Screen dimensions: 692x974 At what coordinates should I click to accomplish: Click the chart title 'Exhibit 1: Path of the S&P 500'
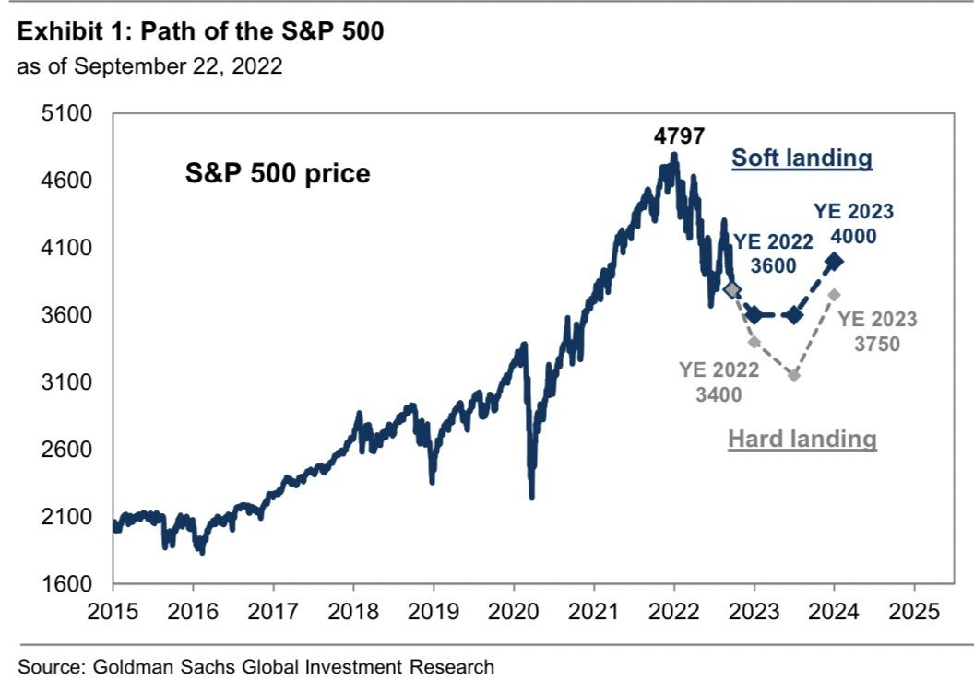200,31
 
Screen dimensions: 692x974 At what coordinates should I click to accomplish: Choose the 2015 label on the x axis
113,611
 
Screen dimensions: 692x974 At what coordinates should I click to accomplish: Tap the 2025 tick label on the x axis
914,611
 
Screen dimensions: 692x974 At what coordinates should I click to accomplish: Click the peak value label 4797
679,136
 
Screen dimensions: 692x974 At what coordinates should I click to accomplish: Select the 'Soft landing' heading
802,158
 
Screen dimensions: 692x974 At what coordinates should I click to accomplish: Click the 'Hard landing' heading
802,439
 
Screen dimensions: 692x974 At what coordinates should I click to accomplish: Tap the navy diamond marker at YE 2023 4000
834,262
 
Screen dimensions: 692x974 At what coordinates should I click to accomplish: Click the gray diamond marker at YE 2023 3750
834,295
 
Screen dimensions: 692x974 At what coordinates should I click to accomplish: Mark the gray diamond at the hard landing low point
794,375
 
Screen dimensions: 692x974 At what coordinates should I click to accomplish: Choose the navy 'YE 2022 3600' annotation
773,252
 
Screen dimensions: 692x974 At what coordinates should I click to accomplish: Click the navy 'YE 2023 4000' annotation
854,223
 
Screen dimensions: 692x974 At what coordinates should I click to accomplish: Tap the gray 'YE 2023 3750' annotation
877,332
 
